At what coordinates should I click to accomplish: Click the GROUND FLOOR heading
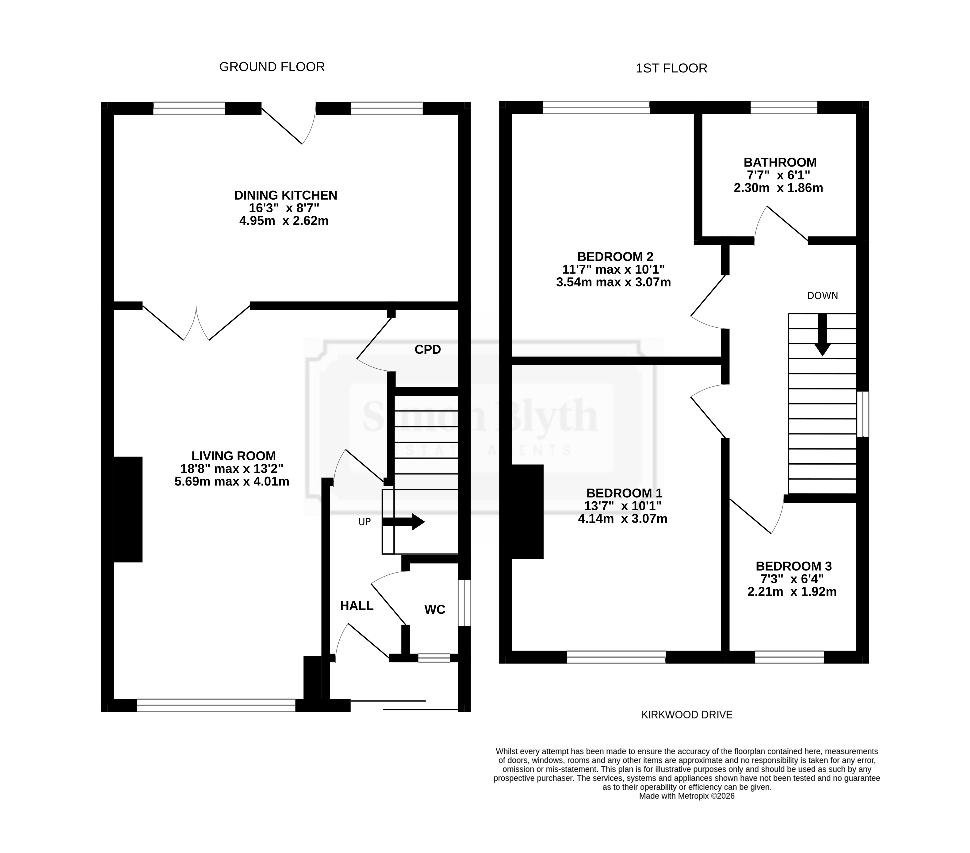(x=272, y=67)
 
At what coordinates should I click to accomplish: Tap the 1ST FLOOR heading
(x=671, y=68)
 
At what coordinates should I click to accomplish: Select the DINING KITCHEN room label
(x=286, y=195)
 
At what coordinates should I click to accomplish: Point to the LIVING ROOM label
(x=234, y=456)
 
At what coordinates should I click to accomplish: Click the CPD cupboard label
(x=428, y=349)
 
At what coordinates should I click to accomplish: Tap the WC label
(x=435, y=609)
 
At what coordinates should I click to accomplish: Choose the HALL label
(x=357, y=605)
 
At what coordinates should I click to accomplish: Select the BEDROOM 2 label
(x=615, y=257)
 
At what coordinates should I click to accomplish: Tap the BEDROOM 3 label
(x=794, y=566)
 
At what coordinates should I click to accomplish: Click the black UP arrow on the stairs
(x=403, y=522)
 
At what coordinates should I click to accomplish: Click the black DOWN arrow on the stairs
(x=822, y=335)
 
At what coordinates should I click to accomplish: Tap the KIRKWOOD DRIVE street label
(x=687, y=715)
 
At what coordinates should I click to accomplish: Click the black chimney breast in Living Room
(x=128, y=509)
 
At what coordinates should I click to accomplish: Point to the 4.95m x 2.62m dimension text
(x=284, y=221)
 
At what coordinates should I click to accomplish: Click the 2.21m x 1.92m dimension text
(x=792, y=592)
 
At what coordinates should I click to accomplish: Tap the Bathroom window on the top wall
(x=784, y=108)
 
